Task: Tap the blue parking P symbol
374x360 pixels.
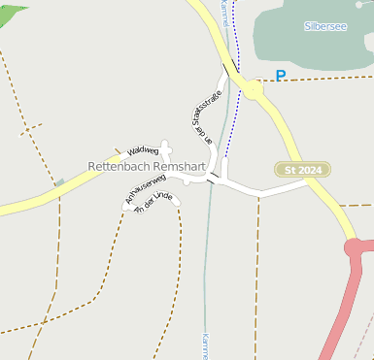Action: (281, 76)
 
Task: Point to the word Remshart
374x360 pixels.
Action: (180, 167)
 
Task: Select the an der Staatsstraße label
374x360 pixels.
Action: (201, 119)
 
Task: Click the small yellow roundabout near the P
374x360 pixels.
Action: (254, 89)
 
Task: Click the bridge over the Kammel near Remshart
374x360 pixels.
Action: (210, 178)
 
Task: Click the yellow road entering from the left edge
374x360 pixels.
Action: (29, 202)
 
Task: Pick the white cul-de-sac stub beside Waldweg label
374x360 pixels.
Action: (166, 148)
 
